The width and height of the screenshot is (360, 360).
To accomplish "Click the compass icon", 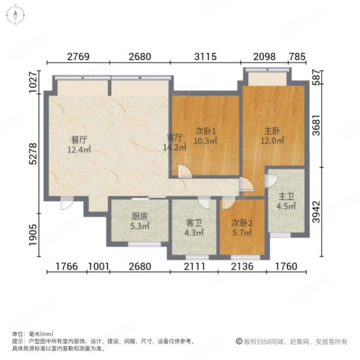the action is (x=16, y=15).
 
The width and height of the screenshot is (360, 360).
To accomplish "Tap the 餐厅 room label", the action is (x=79, y=140).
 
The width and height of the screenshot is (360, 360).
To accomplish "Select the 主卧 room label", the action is (x=272, y=131).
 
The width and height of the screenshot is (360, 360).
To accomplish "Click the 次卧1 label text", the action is (x=206, y=131).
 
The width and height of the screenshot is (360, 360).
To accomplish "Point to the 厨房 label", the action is (x=140, y=216).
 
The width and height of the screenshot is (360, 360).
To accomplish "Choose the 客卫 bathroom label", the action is (x=194, y=223).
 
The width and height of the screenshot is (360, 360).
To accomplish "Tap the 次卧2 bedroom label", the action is (x=242, y=223).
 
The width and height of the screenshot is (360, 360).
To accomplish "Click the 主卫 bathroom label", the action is (x=286, y=197).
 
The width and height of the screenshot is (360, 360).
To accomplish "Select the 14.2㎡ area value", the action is (x=175, y=148).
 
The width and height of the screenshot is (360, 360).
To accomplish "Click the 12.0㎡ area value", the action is (x=272, y=140).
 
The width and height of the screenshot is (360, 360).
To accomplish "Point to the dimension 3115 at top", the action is (x=205, y=56).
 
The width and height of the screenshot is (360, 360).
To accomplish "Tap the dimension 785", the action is (x=298, y=56).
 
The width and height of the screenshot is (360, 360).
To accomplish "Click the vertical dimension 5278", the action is (x=33, y=154).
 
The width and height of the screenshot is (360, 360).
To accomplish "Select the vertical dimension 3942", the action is (x=317, y=212).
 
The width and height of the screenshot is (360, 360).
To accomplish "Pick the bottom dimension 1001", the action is (x=98, y=266).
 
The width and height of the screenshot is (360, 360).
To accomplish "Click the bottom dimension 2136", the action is (x=242, y=266).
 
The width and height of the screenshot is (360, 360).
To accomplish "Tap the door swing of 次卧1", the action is (x=185, y=171).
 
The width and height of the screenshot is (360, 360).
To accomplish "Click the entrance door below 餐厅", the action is (x=67, y=203).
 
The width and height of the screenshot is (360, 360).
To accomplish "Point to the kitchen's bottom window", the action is (x=144, y=245).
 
